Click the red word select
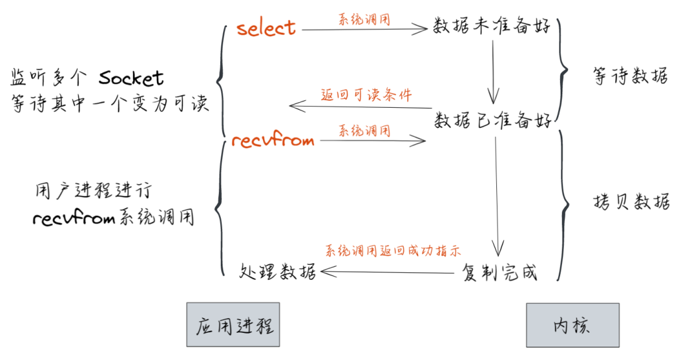coord(265,28)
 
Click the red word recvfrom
coord(272,140)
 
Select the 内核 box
coord(571,325)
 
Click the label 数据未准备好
coord(492,27)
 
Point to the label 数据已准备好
coord(492,120)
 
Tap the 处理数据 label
coord(278,272)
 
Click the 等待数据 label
coord(631,77)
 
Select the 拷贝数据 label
coord(631,202)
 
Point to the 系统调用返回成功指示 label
coord(392,250)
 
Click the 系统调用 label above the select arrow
coord(364,20)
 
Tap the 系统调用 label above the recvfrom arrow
coord(364,131)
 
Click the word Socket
coord(131,78)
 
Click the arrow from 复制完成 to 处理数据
coord(388,272)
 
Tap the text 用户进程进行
coord(93,190)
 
